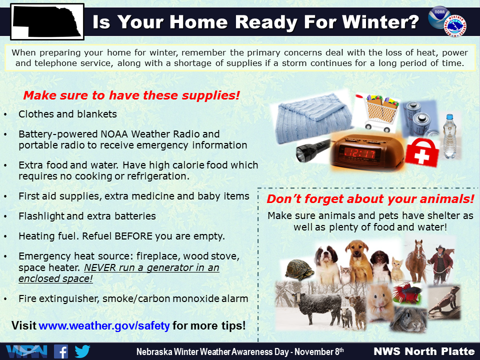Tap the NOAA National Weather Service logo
[x=447, y=21]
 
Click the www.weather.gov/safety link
[x=104, y=325]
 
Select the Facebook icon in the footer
[x=61, y=351]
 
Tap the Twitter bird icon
[x=82, y=351]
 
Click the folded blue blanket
[x=314, y=118]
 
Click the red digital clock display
[x=360, y=153]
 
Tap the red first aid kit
[x=422, y=152]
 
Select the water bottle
[x=449, y=136]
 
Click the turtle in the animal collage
[x=299, y=269]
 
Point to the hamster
[x=380, y=302]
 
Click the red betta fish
[x=407, y=293]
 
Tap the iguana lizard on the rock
[x=444, y=301]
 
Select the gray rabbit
[x=408, y=319]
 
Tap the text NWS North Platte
[x=424, y=351]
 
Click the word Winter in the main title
[x=380, y=22]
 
